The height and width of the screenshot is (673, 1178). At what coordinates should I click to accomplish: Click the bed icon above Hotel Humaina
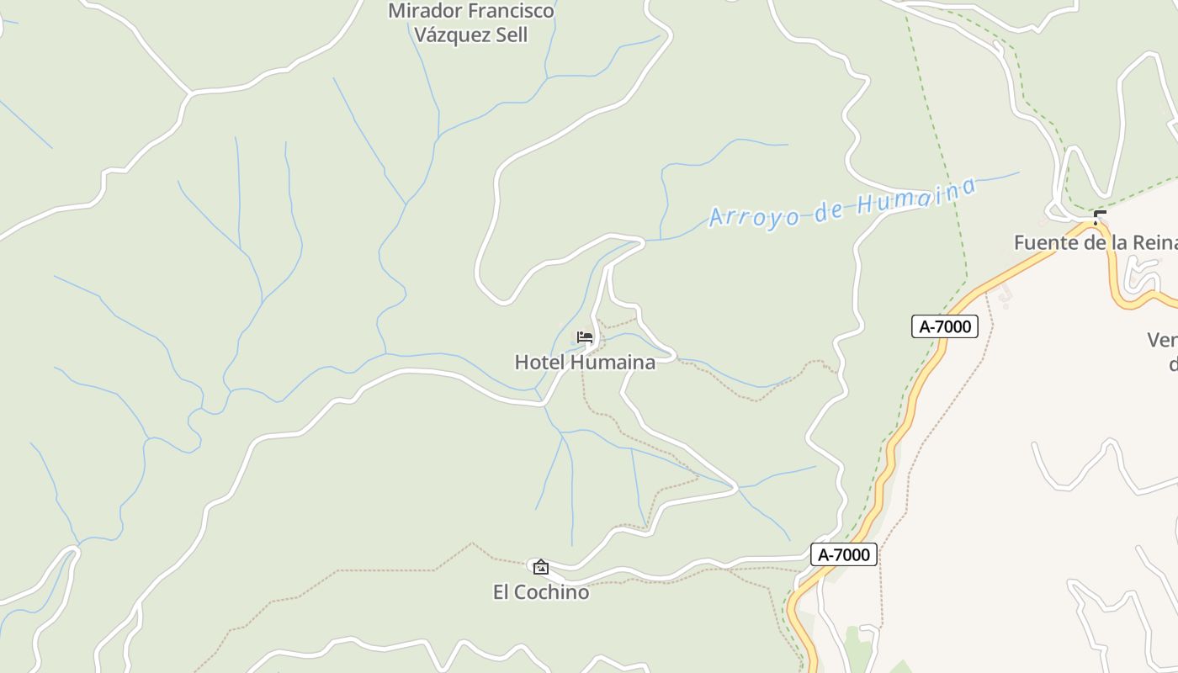click(585, 337)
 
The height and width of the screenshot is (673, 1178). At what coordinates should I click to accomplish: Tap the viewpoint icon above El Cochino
click(541, 567)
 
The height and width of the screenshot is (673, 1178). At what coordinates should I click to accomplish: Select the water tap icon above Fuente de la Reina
click(1099, 218)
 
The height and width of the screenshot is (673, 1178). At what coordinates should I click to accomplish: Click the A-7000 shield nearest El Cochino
click(844, 554)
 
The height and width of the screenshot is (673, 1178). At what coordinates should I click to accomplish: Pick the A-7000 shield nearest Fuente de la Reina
click(945, 326)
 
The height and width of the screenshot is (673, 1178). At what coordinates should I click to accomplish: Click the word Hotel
click(539, 363)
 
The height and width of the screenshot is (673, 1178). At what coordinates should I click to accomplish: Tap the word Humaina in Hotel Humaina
click(613, 363)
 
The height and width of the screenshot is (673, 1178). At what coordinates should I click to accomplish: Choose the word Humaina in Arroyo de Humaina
click(916, 197)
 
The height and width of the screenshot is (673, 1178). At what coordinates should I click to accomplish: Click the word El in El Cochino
click(501, 592)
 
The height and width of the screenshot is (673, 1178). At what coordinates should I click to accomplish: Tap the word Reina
click(1154, 243)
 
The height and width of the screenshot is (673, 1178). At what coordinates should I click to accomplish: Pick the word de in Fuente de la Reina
click(1090, 243)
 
